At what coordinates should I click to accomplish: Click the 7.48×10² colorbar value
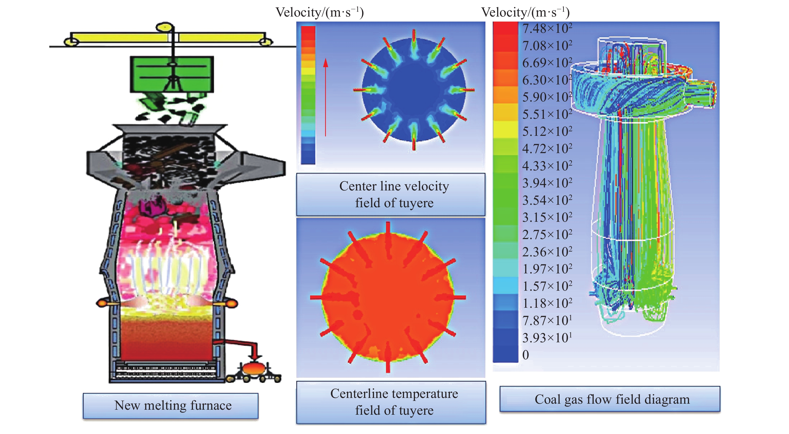(x=547, y=29)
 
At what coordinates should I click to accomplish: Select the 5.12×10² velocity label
(x=547, y=132)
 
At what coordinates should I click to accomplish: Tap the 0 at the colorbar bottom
(x=525, y=355)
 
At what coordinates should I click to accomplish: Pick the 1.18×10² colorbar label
(x=547, y=303)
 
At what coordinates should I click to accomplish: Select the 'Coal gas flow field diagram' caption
(x=610, y=399)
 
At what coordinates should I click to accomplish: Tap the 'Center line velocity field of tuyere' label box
(x=391, y=194)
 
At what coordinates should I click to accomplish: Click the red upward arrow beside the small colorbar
(x=326, y=97)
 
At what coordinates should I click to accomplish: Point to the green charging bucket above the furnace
(x=172, y=74)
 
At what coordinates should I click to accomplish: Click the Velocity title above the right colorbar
(x=525, y=13)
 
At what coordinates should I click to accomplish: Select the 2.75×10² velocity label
(x=547, y=235)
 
